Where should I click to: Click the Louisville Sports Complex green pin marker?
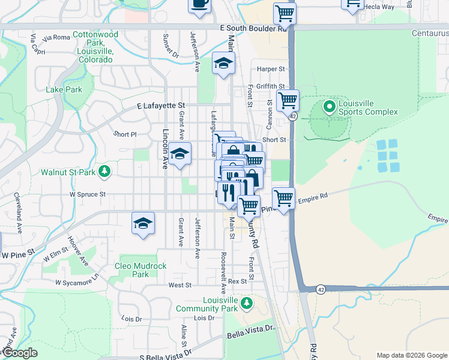coord(329,107)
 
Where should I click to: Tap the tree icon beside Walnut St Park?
coord(105,172)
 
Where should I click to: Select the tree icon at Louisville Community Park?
coord(246,304)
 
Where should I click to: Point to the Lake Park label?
coord(64,89)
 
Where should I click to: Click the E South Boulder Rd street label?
coord(253,28)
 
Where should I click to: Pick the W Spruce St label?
coord(88,194)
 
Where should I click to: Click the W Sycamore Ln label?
coord(76,281)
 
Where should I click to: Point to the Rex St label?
coord(237,281)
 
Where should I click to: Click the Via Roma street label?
coord(57,37)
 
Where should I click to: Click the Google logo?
coord(20,353)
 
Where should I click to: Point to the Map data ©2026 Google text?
coord(411,355)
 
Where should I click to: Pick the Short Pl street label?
coord(126,134)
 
